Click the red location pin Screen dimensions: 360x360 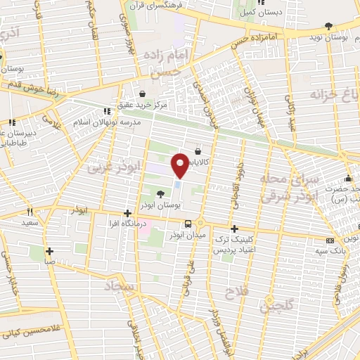pyautogui.click(x=180, y=165)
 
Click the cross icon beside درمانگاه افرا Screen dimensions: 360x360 pyautogui.click(x=127, y=213)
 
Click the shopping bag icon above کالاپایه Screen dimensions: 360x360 pyautogui.click(x=197, y=150)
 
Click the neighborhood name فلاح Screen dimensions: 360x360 pyautogui.click(x=236, y=290)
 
